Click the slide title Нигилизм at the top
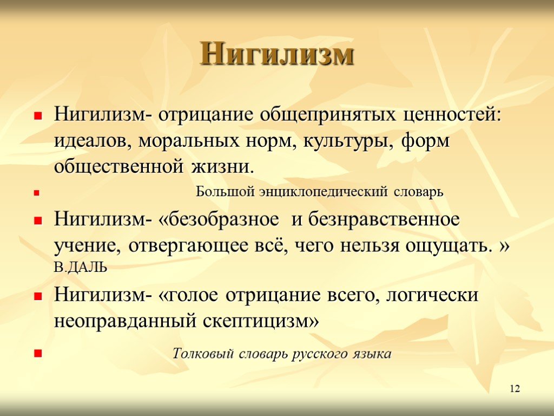(277, 54)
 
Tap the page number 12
(515, 388)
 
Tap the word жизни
(223, 166)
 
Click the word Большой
(225, 192)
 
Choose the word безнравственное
(384, 219)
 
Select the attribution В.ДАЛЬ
(81, 268)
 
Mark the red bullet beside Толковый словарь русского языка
(38, 353)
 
